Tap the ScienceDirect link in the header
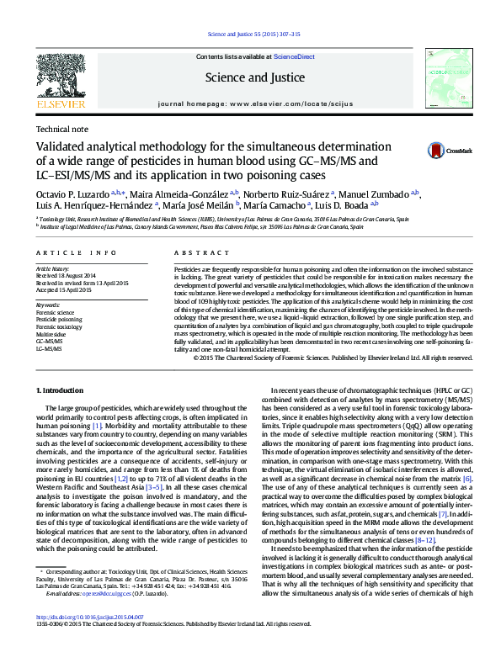coord(295,56)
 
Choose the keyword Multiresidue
coord(52,334)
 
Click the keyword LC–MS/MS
coord(50,347)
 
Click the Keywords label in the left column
coord(49,305)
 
